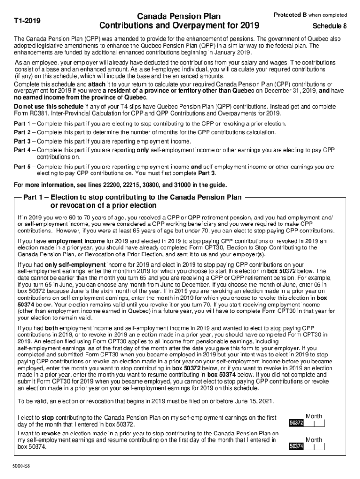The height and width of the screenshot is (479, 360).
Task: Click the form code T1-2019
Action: point(27,21)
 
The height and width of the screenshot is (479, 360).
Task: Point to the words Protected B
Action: point(289,15)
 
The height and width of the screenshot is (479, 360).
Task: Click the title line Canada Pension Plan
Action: point(179,16)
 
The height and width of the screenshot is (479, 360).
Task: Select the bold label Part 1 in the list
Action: point(22,124)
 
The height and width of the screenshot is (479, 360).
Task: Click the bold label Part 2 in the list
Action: point(22,132)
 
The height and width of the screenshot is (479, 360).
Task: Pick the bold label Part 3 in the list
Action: point(22,141)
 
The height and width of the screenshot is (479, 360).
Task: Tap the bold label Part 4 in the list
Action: point(22,150)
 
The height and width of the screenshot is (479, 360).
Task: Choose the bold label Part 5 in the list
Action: point(22,167)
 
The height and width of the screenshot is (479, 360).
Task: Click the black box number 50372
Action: point(296,423)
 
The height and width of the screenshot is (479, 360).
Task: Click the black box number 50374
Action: point(296,446)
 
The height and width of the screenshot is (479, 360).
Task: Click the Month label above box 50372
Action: point(314,416)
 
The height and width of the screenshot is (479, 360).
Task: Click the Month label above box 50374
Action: point(314,440)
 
